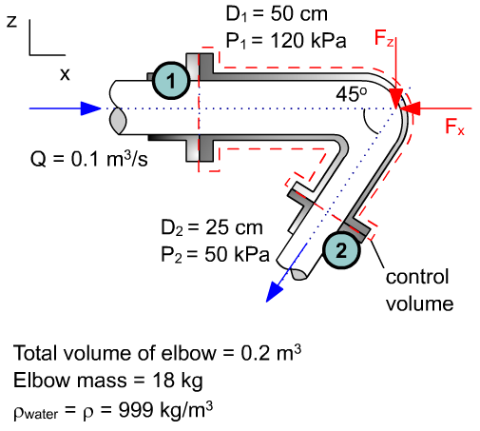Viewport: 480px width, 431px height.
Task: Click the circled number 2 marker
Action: tap(340, 249)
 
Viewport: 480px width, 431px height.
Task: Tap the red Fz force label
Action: tap(384, 40)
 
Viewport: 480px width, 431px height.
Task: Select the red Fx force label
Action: tap(454, 127)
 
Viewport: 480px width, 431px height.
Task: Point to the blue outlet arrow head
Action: tap(275, 292)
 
